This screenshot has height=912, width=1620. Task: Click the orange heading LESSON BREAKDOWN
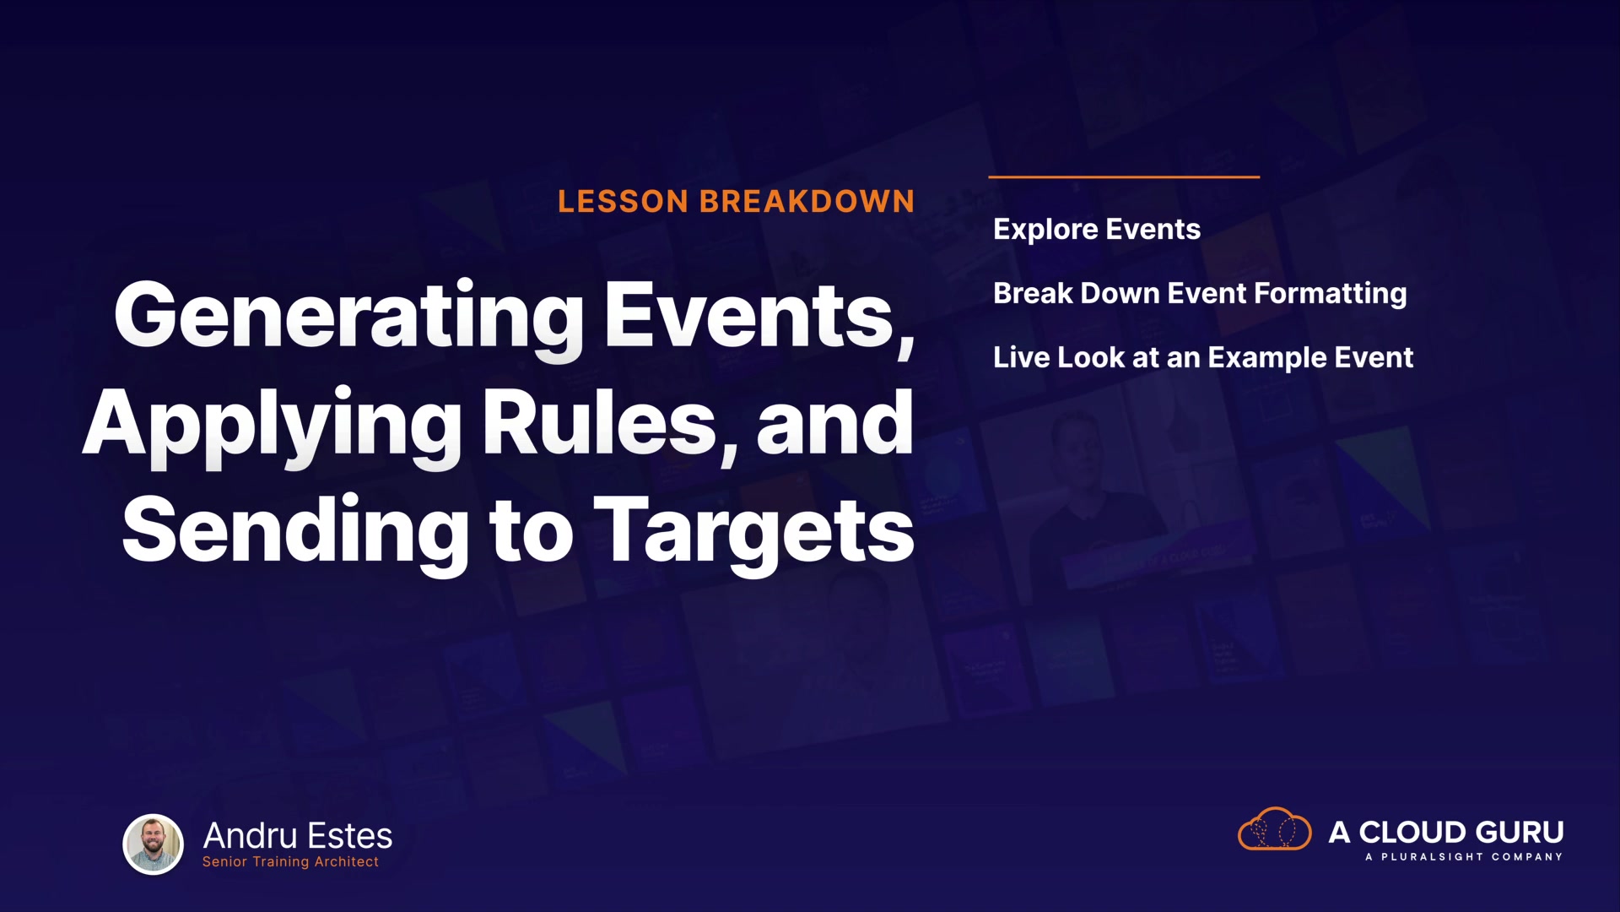pos(736,202)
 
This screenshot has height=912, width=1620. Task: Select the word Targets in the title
pos(754,532)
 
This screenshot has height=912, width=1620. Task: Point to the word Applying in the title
pos(272,428)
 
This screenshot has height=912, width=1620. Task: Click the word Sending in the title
pos(295,530)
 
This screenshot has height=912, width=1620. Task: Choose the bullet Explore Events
pos(1097,230)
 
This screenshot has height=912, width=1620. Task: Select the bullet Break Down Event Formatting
pos(1200,294)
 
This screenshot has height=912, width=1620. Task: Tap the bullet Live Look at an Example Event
pos(1203,358)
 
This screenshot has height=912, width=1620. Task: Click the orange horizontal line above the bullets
pos(1124,177)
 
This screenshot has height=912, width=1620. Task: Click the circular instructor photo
pos(153,844)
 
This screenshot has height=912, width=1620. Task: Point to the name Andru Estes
pos(298,836)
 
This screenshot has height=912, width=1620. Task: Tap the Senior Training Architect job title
pos(290,862)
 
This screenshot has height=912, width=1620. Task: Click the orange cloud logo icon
pos(1274,829)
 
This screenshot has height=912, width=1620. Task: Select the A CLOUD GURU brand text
pos(1446,833)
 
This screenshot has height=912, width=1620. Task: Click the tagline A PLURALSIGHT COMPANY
pos(1464,857)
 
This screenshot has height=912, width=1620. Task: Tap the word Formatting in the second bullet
pos(1331,294)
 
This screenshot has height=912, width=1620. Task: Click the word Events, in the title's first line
pos(760,318)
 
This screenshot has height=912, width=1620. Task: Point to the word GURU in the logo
pos(1520,833)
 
